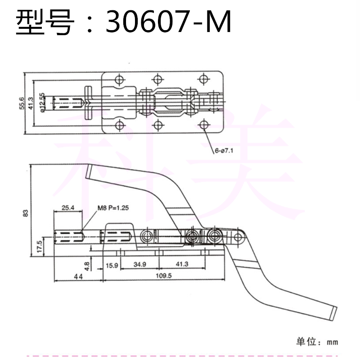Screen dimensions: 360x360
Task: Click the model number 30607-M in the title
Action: [168, 22]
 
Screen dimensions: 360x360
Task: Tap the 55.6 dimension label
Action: [22, 103]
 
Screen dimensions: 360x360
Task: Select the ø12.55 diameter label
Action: [42, 103]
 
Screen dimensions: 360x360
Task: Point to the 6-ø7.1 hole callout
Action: [224, 151]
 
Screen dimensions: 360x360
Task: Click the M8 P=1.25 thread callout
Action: [113, 208]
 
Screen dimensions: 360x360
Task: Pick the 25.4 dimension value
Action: [68, 208]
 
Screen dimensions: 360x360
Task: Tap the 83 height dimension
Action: [26, 213]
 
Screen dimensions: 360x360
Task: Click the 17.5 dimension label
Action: [39, 247]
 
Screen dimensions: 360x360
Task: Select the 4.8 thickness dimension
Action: [87, 266]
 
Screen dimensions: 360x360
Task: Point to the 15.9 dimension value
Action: [112, 265]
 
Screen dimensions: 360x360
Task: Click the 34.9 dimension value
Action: [140, 265]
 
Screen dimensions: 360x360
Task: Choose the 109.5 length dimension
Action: [164, 275]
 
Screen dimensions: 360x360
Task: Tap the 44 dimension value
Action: [78, 277]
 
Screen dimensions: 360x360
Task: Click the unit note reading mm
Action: [333, 342]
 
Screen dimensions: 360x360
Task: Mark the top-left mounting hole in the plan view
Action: [119, 80]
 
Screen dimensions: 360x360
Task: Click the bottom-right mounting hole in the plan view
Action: [204, 125]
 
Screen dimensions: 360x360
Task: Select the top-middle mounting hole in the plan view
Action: [158, 80]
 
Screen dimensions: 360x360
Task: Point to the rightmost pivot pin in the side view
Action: [238, 237]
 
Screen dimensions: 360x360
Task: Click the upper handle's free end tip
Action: [88, 171]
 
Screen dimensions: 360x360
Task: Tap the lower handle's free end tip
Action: [333, 314]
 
